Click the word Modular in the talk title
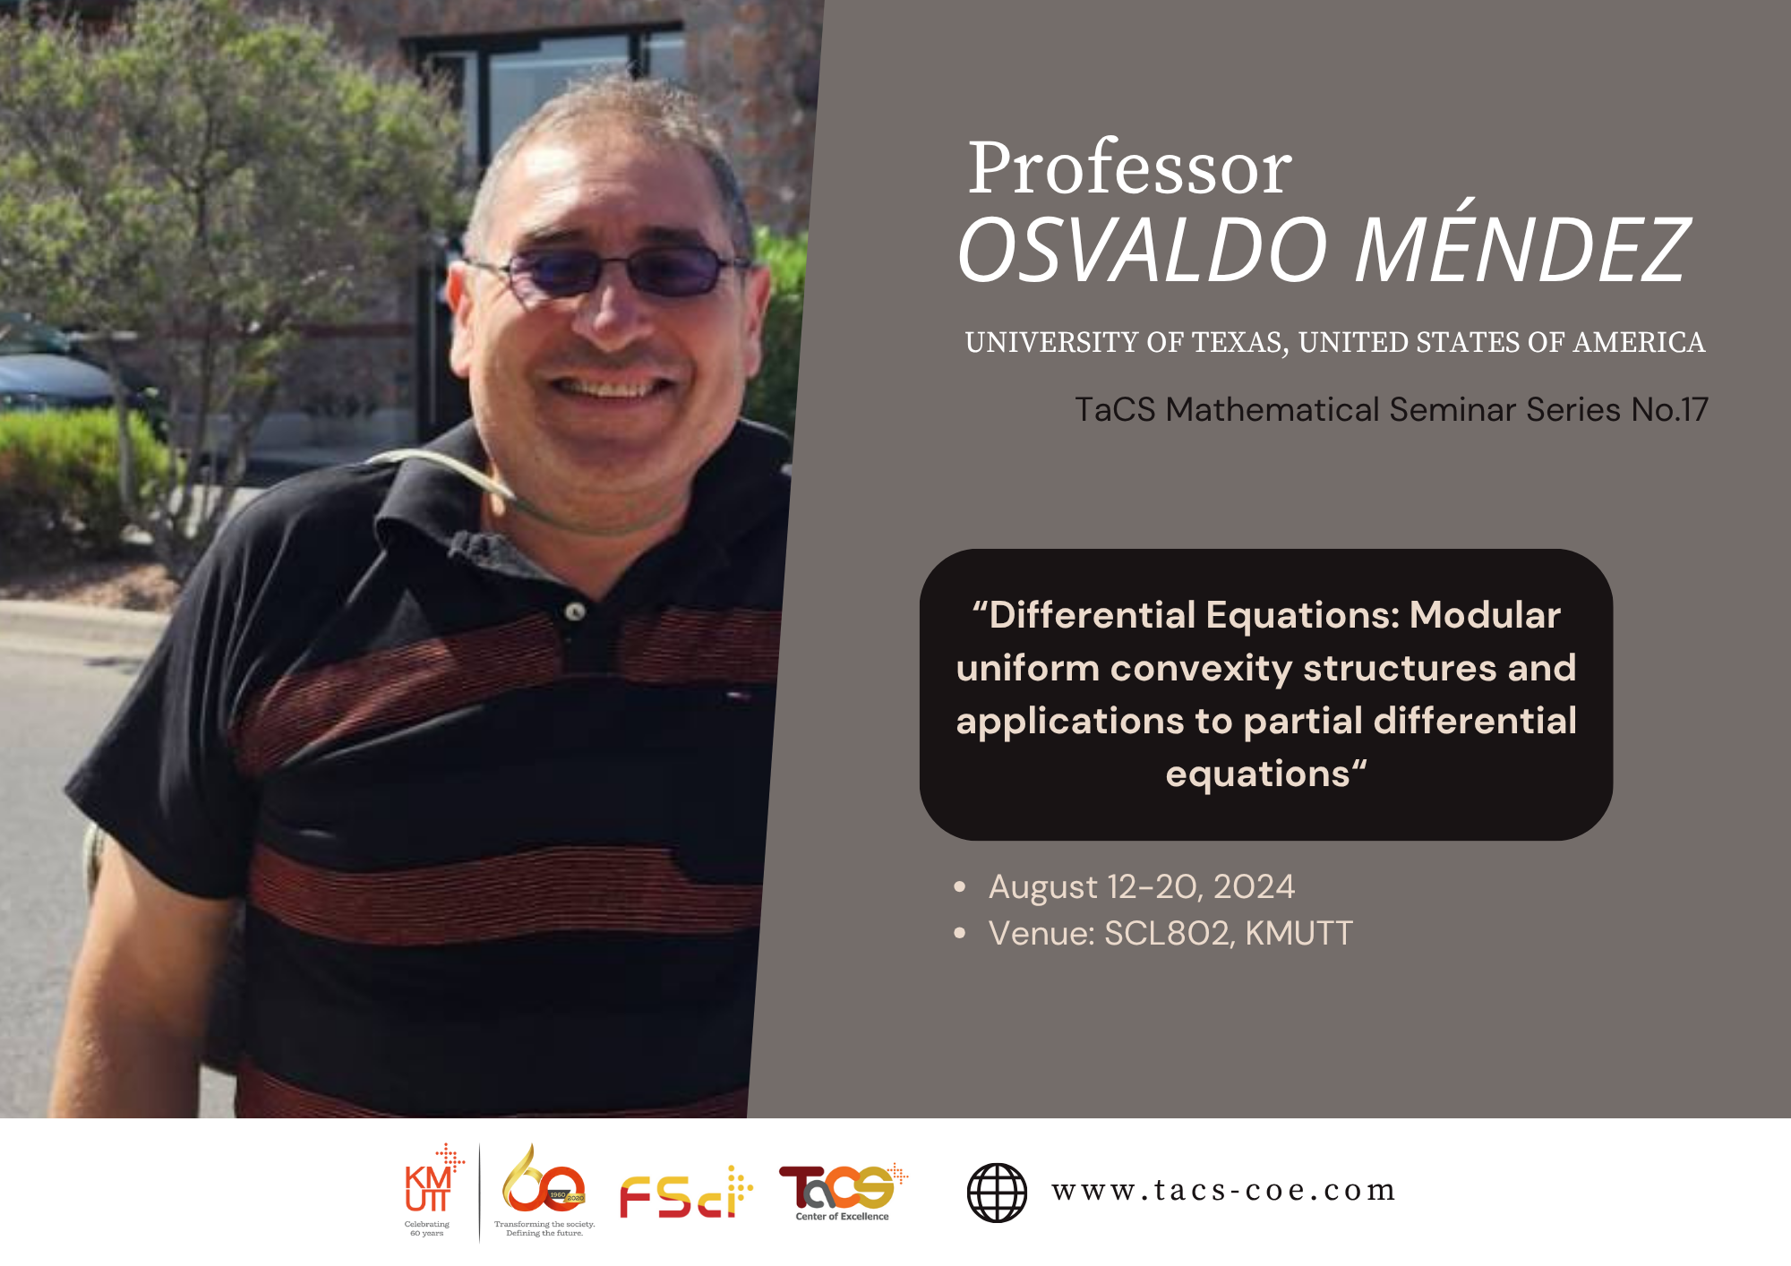pyautogui.click(x=1485, y=615)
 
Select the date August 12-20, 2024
pyautogui.click(x=1142, y=886)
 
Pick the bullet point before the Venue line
pyautogui.click(x=960, y=933)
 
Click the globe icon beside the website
pyautogui.click(x=997, y=1192)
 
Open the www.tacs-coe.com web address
pyautogui.click(x=1223, y=1191)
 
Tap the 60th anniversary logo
pyautogui.click(x=544, y=1190)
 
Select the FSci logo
pyautogui.click(x=686, y=1193)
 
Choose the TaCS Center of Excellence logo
pyautogui.click(x=843, y=1192)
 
